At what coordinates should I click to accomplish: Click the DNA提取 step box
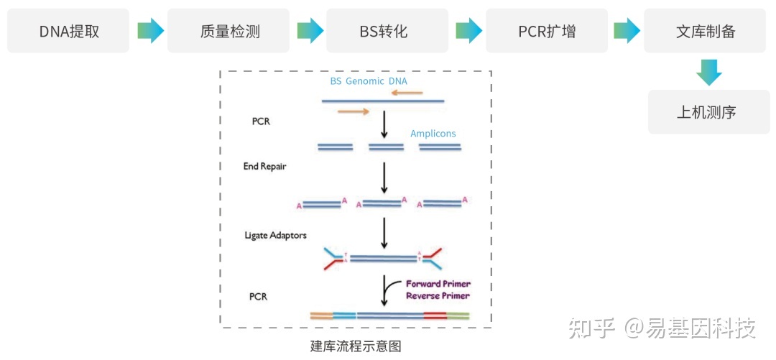click(68, 31)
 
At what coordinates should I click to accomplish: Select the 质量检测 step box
click(228, 31)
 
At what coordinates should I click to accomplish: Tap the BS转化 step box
click(387, 31)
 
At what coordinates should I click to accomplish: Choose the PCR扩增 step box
click(546, 31)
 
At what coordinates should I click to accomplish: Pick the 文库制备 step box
click(706, 31)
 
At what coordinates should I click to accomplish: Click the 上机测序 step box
click(708, 112)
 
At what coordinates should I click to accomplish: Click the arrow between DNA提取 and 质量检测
click(150, 31)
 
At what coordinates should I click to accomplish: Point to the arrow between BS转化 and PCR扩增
click(468, 31)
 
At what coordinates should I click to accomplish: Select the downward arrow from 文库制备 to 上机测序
click(708, 72)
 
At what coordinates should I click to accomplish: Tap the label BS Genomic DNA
click(368, 81)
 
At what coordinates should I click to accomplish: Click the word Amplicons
click(433, 134)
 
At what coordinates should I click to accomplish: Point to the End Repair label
click(265, 166)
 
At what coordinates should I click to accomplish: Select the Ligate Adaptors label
click(275, 235)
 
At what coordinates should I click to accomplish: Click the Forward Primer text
click(438, 284)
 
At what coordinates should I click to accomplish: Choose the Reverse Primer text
click(438, 295)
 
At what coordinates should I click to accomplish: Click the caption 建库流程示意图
click(355, 346)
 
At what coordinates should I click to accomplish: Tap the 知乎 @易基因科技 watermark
click(661, 328)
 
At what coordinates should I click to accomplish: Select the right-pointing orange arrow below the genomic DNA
click(353, 111)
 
